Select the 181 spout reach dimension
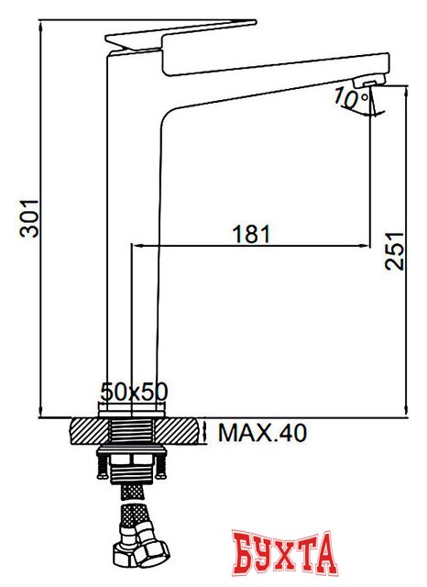click(252, 233)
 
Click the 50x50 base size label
click(134, 392)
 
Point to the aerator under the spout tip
click(365, 86)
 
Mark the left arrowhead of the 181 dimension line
click(138, 245)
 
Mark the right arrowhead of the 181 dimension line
click(365, 245)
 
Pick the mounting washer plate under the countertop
click(132, 453)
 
